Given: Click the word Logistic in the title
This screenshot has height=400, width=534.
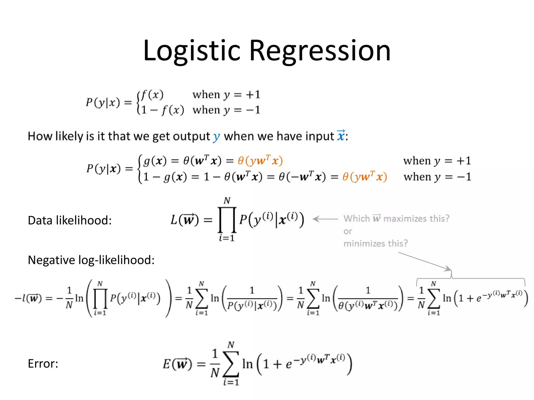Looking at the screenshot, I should pos(192,51).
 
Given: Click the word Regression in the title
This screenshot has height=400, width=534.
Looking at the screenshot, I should pos(320,51).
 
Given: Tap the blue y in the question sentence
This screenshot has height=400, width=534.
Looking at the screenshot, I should pos(216,136).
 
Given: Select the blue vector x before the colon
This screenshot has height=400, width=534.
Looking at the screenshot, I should pos(341,136).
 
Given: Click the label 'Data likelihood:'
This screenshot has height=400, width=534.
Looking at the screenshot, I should pos(70,220).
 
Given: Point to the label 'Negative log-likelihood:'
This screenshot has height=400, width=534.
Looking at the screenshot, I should pos(91,260).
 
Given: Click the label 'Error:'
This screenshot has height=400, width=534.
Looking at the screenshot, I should pos(43,364).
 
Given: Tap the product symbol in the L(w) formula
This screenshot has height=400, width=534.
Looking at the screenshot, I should pos(227,220).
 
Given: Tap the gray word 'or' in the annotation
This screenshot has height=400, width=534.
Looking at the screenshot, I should pos(348,231).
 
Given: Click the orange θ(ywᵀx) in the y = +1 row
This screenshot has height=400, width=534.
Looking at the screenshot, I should pos(260,161).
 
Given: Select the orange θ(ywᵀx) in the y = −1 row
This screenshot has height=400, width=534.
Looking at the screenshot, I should pos(365,177).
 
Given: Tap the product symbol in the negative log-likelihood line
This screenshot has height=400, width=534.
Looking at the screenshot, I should pos(100,298).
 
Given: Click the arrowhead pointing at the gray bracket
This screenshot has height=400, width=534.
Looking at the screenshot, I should pos(448,269).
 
